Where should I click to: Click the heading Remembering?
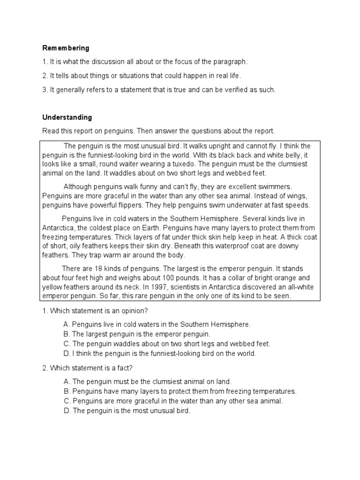[66, 48]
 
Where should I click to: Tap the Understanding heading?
[67, 117]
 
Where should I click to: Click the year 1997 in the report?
[169, 287]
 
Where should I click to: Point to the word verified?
[239, 90]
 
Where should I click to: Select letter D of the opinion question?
[66, 353]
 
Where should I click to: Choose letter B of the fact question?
[66, 391]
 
